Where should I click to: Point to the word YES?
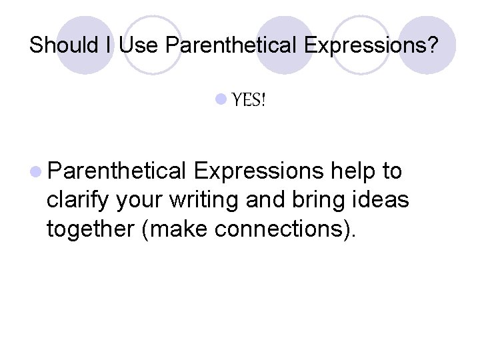[249, 101]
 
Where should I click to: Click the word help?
[355, 171]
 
